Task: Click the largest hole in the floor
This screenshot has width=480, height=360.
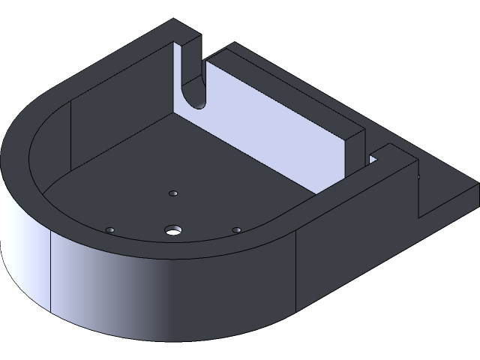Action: [174, 228]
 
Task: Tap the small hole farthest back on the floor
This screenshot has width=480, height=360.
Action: [172, 193]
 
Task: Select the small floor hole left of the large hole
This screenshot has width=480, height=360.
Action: [109, 228]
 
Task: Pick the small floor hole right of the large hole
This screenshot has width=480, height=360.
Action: [237, 229]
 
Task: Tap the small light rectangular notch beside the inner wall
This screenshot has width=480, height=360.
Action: [373, 159]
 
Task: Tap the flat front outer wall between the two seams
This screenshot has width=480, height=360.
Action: [172, 292]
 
